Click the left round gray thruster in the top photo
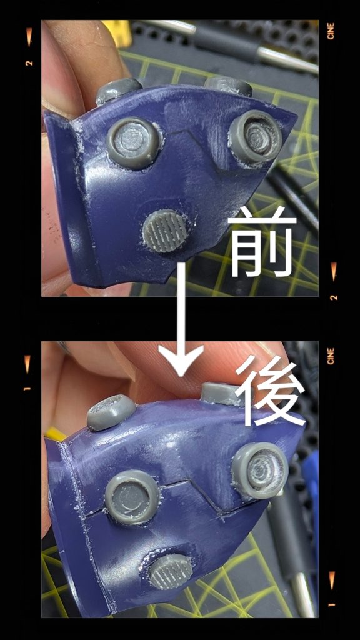coord(133,143)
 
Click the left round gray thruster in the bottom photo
coord(132,496)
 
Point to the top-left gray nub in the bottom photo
coord(111,412)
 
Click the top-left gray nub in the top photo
coord(118,91)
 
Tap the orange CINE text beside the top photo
coord(331,31)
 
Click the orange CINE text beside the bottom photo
coord(331,356)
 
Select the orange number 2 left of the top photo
coord(29,63)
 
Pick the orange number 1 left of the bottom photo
coord(27,388)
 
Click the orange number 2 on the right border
coord(334,297)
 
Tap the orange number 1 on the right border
coord(332,604)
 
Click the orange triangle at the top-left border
coord(29,37)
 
